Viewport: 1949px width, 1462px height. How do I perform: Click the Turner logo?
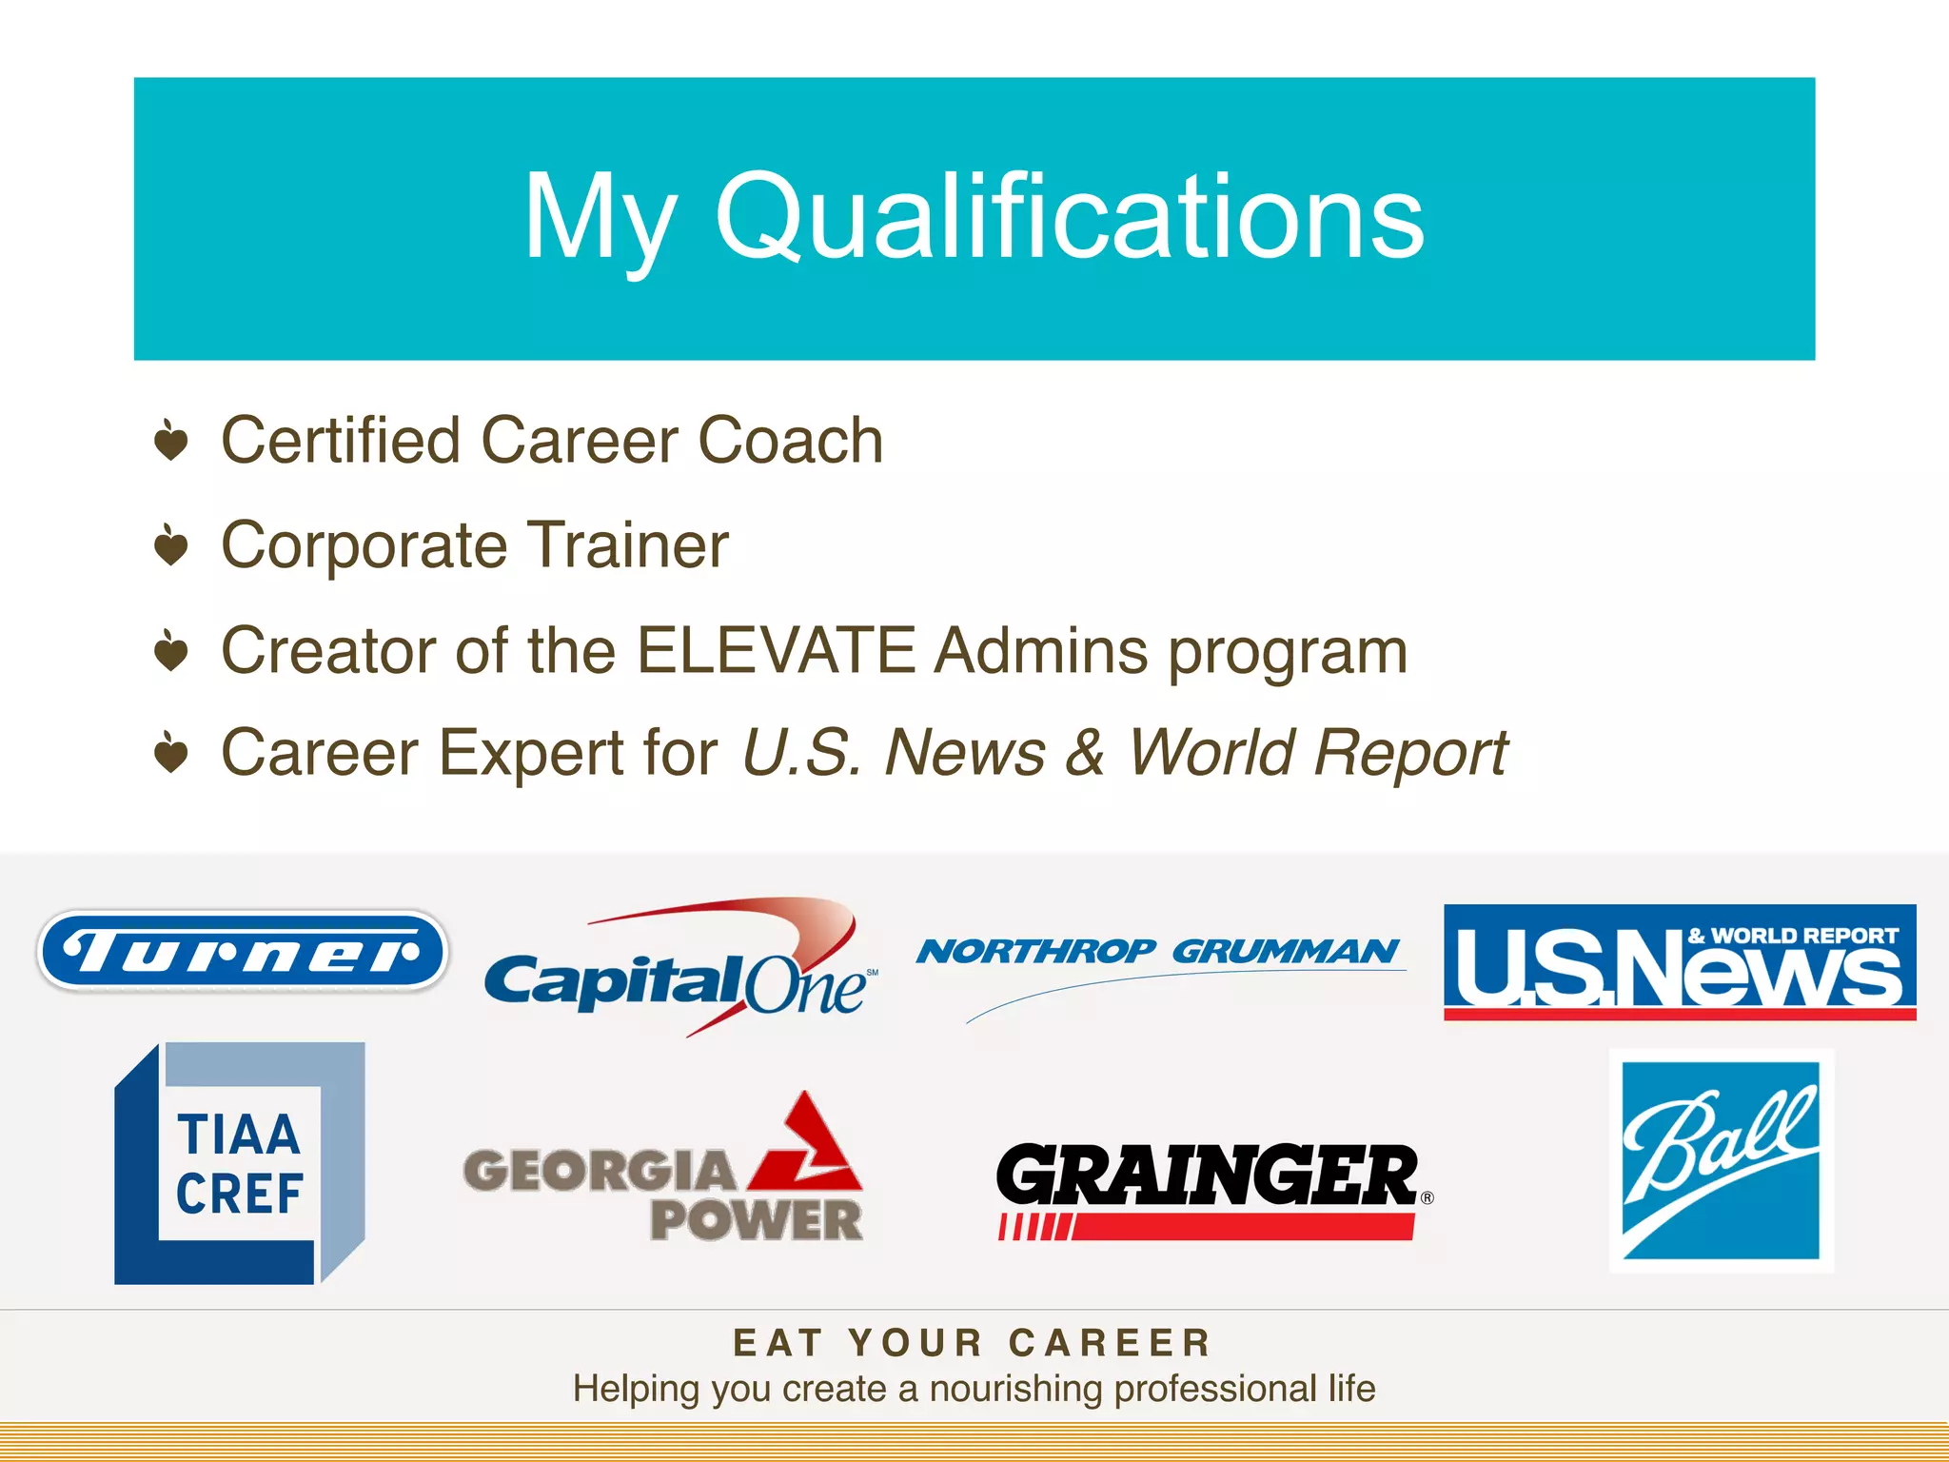point(242,951)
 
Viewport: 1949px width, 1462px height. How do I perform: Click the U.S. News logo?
point(1679,962)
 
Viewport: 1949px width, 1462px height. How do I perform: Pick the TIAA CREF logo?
point(240,1163)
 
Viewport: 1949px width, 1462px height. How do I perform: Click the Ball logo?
point(1721,1160)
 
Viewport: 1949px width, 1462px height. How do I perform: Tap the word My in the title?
point(600,217)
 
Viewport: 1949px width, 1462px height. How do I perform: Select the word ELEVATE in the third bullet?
point(776,651)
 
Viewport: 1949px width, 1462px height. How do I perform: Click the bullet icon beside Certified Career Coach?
point(171,441)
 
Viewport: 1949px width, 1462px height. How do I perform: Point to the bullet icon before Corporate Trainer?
point(171,545)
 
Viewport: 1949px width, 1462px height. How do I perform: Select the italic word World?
point(1207,753)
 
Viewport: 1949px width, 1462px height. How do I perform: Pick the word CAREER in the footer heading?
point(1110,1343)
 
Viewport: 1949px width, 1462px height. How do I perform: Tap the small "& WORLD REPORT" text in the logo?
point(1793,936)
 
